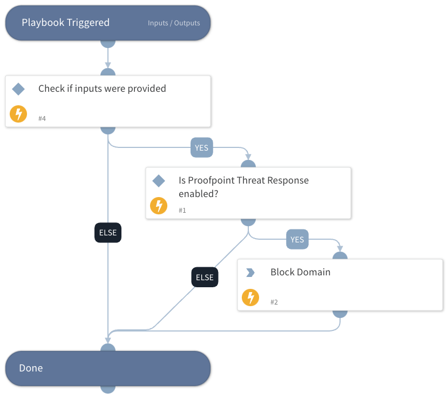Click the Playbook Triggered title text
[x=65, y=23]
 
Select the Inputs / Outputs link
[x=174, y=23]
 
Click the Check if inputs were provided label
[x=102, y=89]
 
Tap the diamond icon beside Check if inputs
[x=18, y=89]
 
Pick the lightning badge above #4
[x=18, y=114]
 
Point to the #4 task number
[x=43, y=118]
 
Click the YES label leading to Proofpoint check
[x=201, y=147]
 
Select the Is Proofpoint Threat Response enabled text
[x=243, y=187]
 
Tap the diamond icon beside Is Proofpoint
[x=159, y=181]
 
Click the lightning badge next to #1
[x=159, y=206]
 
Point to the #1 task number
[x=182, y=210]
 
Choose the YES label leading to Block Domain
[x=297, y=240]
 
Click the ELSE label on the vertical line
[x=108, y=233]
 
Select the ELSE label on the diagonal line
[x=205, y=278]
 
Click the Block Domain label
[x=300, y=272]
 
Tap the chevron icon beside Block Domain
[x=250, y=273]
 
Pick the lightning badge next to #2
[x=250, y=297]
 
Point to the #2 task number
[x=274, y=302]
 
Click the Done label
[x=31, y=368]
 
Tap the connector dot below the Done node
[x=108, y=389]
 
